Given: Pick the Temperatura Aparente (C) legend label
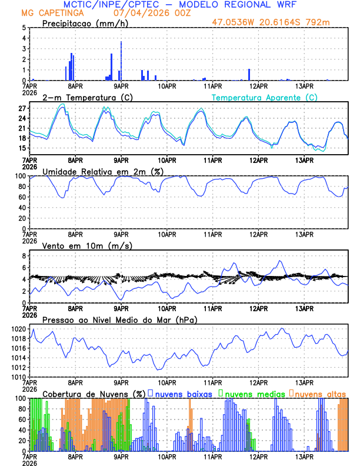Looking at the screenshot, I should click(265, 97).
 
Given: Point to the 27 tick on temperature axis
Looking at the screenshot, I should click(21, 109).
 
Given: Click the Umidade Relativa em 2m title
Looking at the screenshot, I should click(101, 171).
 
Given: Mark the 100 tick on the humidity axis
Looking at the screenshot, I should click(19, 176).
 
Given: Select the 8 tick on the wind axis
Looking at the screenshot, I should click(23, 256).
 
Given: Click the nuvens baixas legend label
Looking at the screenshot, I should click(183, 394).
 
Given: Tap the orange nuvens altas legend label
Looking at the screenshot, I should click(320, 394).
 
